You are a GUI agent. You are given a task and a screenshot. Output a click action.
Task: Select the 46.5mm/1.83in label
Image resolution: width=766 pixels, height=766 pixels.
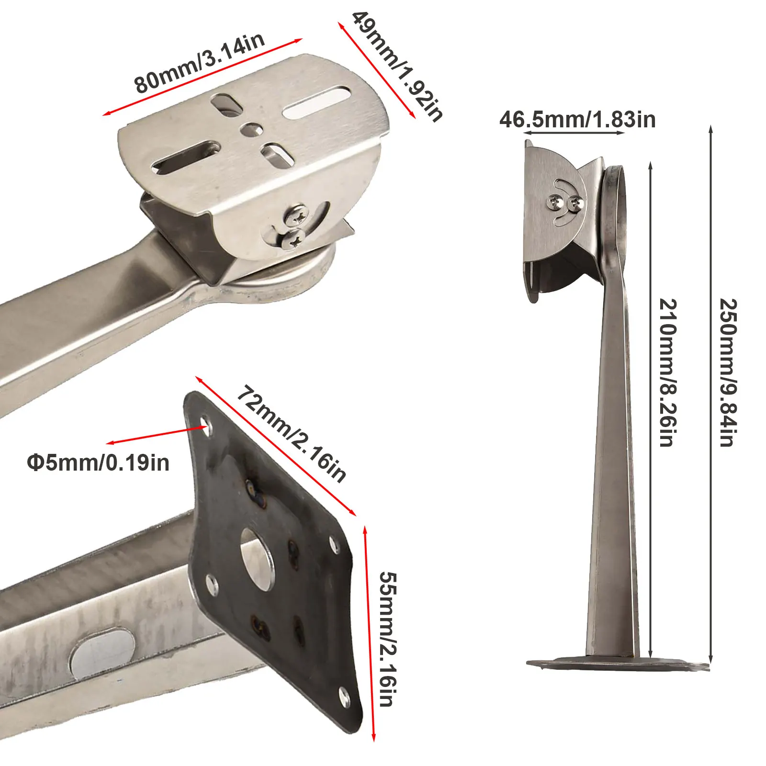coord(577,119)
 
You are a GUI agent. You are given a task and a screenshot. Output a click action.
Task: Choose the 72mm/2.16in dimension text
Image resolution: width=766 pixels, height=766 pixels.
coord(291,434)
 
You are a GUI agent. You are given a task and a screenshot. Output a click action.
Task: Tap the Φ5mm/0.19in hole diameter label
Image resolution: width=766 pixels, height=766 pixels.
coord(98,463)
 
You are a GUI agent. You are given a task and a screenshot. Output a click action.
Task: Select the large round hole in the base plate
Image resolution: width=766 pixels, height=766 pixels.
coord(256,558)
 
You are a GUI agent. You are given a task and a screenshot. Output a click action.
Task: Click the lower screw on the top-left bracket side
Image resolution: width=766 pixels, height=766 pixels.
coord(293,238)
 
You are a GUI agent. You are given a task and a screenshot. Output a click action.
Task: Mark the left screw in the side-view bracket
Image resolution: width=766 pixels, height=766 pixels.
coord(556,201)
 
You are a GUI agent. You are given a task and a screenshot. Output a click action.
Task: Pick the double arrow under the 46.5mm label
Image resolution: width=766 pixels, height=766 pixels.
coord(574,133)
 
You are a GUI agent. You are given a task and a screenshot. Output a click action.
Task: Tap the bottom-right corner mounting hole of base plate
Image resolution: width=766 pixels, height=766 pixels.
coord(344,693)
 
